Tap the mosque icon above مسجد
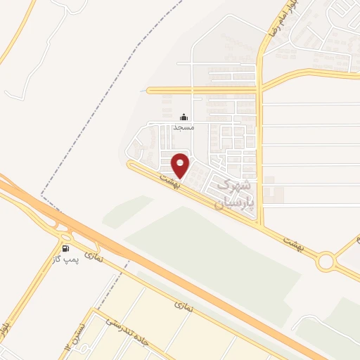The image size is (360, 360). (184, 117)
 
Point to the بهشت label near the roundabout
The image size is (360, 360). (290, 241)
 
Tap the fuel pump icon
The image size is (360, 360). (66, 248)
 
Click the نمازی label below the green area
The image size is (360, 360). (184, 307)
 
